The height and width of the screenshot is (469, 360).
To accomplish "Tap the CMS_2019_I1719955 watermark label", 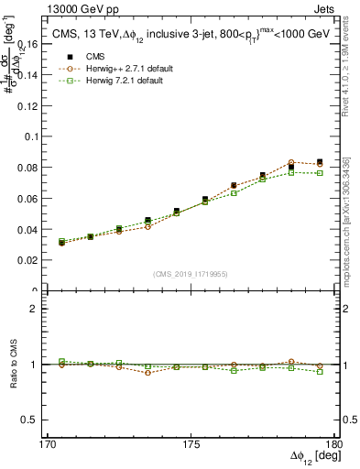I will click(x=191, y=272).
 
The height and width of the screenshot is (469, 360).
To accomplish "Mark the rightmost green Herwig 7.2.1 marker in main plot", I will click(x=319, y=172).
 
